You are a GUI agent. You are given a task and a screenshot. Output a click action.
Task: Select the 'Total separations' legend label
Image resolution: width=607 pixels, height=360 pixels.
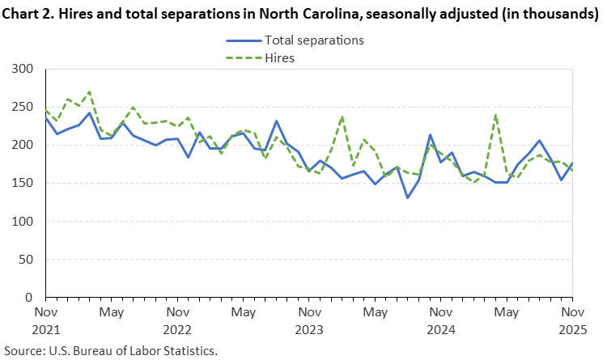pos(314,40)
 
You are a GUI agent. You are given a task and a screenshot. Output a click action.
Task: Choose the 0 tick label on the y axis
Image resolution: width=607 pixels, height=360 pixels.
pos(32,298)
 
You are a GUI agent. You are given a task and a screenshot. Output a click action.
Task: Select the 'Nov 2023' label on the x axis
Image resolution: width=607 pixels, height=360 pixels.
pos(308,320)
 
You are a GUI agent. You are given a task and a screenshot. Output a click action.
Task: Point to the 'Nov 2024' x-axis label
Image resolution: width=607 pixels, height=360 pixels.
pos(440,320)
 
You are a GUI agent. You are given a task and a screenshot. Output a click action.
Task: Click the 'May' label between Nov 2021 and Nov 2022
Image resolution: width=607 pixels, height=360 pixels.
pos(111,312)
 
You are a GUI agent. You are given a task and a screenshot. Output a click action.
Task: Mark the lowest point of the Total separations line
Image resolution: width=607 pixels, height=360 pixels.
pos(407,197)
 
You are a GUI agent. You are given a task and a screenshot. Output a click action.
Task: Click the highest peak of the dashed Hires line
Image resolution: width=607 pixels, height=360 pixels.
pos(89,91)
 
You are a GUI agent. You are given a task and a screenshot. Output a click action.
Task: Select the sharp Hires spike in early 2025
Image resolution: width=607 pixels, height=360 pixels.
pos(495,115)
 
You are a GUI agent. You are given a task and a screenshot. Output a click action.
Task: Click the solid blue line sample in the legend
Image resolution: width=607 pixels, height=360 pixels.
pos(242,40)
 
